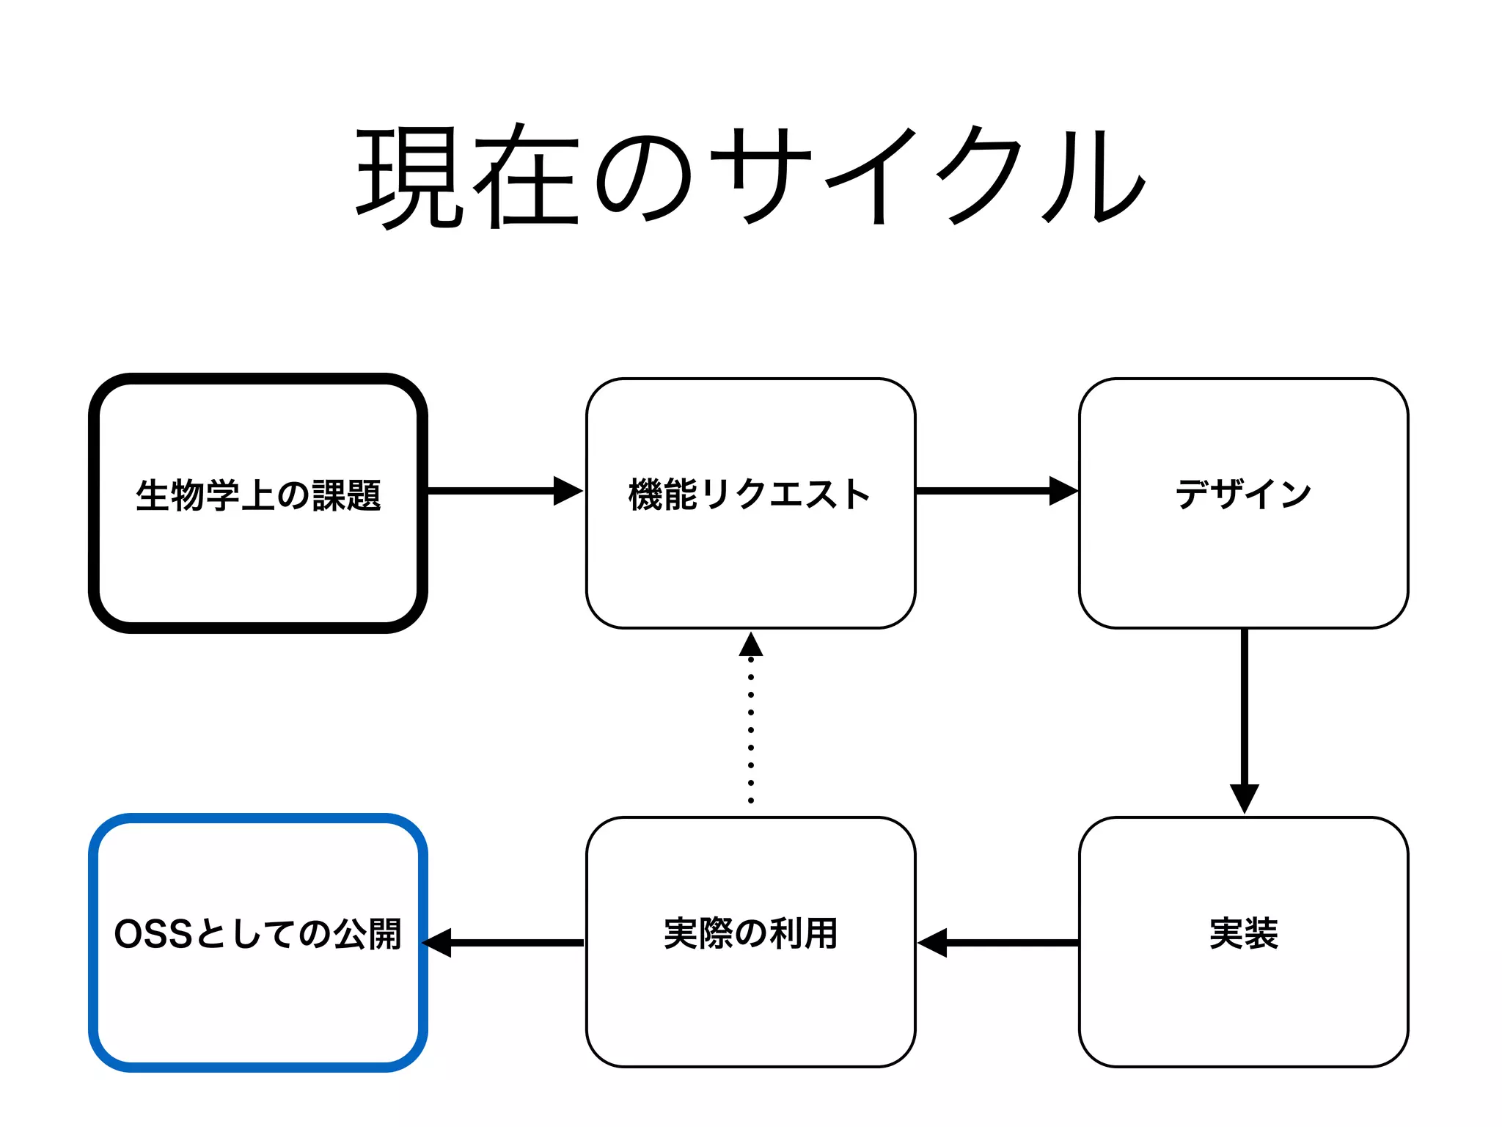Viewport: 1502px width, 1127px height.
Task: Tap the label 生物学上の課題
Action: [x=258, y=495]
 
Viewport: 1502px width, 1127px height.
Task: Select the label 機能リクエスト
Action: [x=750, y=494]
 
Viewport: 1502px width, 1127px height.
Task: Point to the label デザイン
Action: [x=1243, y=494]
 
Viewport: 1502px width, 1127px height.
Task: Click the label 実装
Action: [x=1243, y=933]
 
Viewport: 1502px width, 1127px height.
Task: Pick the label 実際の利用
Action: [x=750, y=933]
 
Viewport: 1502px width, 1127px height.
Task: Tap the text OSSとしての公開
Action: [x=258, y=934]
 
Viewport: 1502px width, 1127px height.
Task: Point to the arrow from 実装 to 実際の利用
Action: [x=1005, y=943]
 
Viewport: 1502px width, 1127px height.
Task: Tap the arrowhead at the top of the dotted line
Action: [x=751, y=645]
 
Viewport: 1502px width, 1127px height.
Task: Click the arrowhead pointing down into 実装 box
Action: [x=1245, y=798]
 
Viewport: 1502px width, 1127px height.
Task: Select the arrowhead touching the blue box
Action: [x=438, y=943]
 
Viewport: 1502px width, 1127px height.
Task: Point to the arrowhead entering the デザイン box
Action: [x=1063, y=491]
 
